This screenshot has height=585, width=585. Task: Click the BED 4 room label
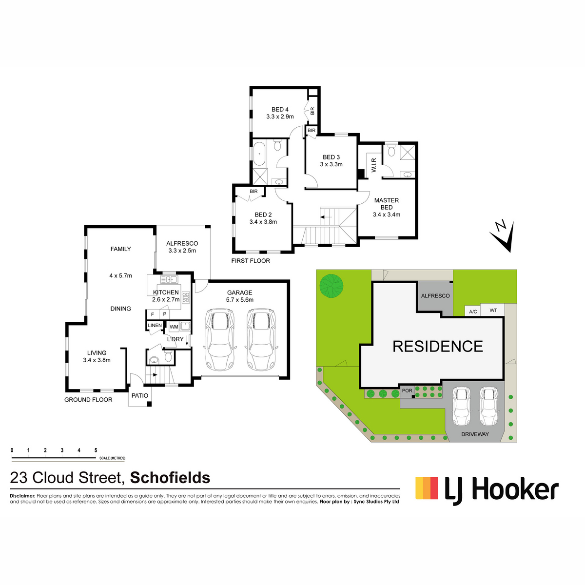tap(280, 109)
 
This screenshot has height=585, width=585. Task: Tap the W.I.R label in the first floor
tap(373, 165)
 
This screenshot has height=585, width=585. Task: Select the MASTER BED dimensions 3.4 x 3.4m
tap(386, 214)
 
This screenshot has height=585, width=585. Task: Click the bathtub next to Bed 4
tap(259, 154)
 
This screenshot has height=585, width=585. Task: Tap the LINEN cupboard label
tap(155, 325)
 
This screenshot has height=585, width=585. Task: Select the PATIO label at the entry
tap(139, 395)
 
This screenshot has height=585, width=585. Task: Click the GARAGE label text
tap(239, 292)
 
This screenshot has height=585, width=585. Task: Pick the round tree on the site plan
tap(331, 286)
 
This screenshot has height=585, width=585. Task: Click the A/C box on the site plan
tap(473, 312)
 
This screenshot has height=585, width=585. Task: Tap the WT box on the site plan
tap(493, 310)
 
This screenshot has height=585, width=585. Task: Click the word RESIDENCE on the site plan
tap(437, 347)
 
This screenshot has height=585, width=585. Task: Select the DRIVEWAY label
tap(475, 434)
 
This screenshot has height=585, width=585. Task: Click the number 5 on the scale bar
tap(96, 450)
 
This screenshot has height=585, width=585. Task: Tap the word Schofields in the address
tap(170, 478)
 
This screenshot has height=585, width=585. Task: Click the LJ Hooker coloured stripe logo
tap(427, 488)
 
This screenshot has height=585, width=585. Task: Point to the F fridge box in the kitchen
tap(153, 314)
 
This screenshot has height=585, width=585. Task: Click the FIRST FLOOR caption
tap(251, 260)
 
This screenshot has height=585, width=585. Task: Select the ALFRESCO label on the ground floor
tap(182, 243)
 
